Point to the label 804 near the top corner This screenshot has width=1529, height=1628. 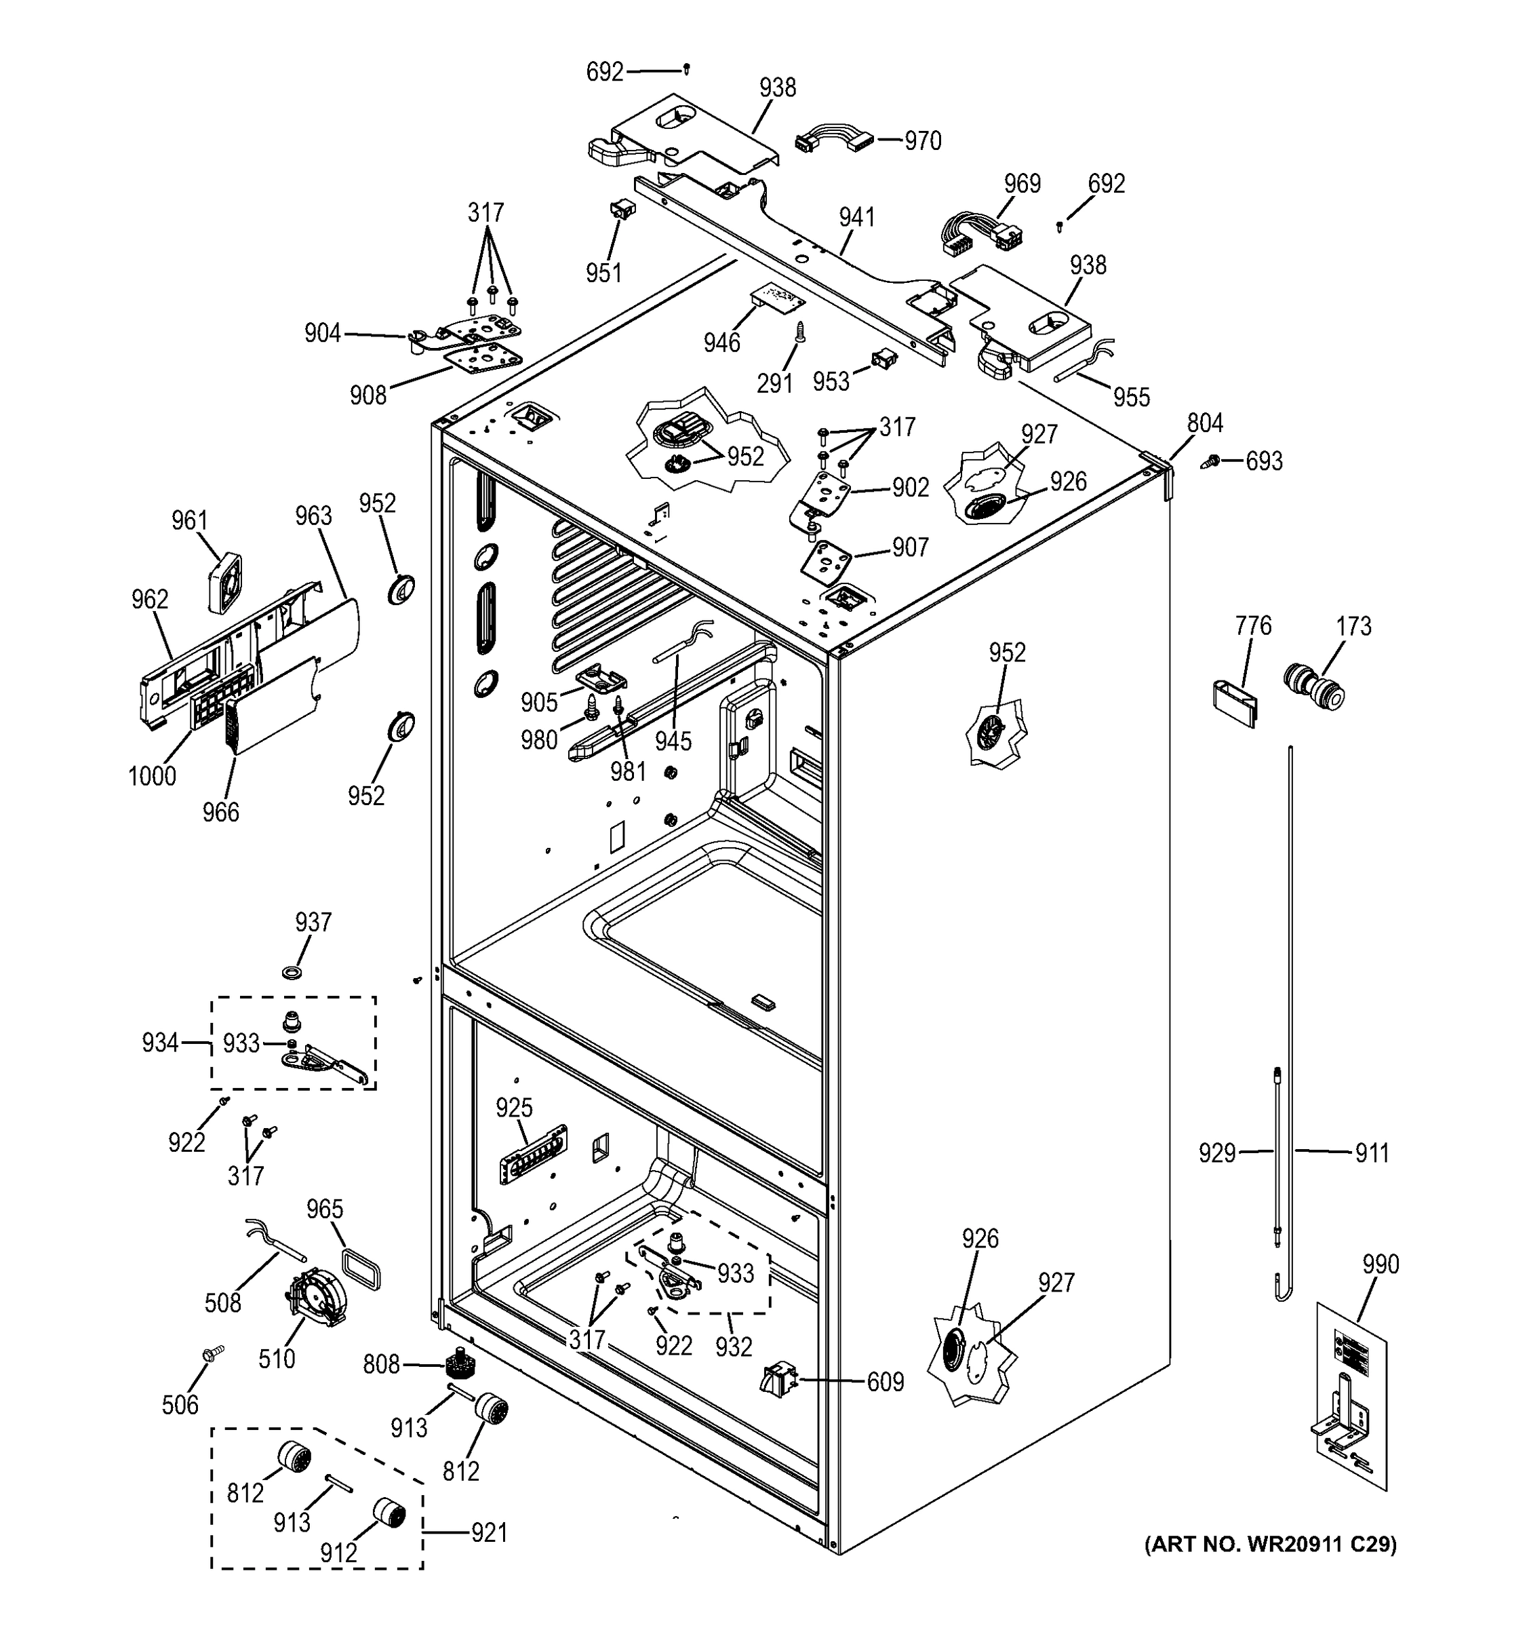coord(1205,423)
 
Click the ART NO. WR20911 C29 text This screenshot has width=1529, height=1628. coord(1271,1545)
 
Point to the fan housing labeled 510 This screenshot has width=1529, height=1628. coord(315,1297)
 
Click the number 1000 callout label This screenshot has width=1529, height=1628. coord(153,775)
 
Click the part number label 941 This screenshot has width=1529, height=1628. coord(856,218)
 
